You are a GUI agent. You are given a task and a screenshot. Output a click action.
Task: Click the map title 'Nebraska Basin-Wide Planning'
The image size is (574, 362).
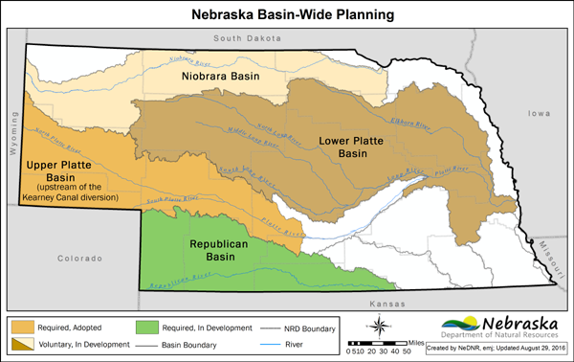(x=286, y=14)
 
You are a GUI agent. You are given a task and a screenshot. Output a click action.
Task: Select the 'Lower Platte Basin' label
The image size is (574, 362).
(x=354, y=147)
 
